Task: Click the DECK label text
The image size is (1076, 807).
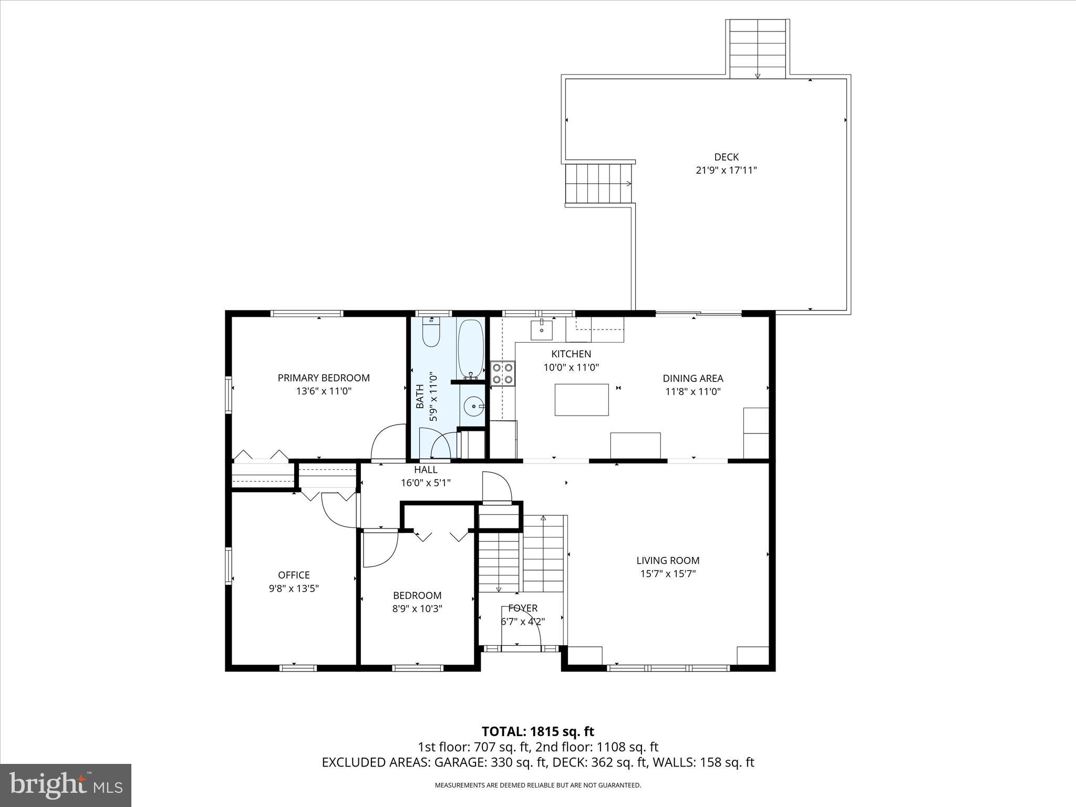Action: click(726, 157)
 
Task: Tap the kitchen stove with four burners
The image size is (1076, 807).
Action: click(503, 374)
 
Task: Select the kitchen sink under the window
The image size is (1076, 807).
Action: click(542, 330)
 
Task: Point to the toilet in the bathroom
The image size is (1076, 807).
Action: click(431, 332)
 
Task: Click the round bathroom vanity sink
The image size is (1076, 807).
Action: click(474, 406)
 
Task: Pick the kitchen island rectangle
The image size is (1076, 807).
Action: click(582, 400)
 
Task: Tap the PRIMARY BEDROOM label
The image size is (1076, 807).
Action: click(324, 378)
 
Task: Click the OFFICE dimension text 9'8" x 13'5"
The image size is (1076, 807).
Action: click(294, 588)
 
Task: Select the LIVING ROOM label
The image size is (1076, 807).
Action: click(668, 561)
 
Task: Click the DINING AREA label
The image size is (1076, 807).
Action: click(692, 378)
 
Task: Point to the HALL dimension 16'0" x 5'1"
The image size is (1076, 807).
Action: click(426, 482)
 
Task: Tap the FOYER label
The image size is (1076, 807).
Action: click(523, 608)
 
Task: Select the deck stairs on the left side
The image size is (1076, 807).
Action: click(598, 183)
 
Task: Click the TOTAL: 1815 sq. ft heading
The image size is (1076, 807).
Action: click(537, 731)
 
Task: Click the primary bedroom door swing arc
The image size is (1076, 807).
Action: click(386, 441)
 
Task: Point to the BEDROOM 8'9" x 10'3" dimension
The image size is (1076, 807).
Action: click(417, 609)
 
